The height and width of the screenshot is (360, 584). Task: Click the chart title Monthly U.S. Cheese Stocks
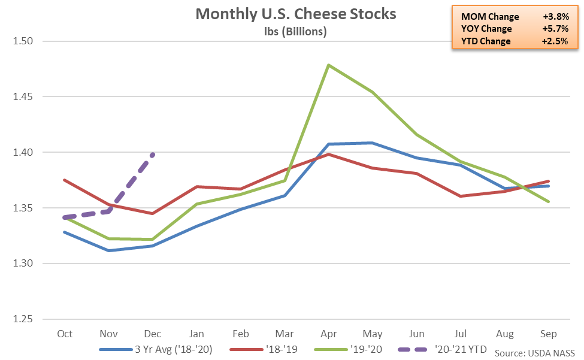click(x=296, y=14)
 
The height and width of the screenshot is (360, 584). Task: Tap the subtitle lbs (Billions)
click(x=296, y=32)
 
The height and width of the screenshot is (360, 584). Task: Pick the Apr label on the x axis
click(x=328, y=333)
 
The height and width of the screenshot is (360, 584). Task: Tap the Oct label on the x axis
click(x=64, y=333)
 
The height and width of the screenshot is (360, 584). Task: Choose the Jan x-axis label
click(x=196, y=333)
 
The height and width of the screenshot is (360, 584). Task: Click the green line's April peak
click(x=328, y=65)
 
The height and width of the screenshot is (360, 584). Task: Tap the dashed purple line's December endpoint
click(x=153, y=155)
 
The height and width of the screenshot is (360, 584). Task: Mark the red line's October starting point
click(x=64, y=180)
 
